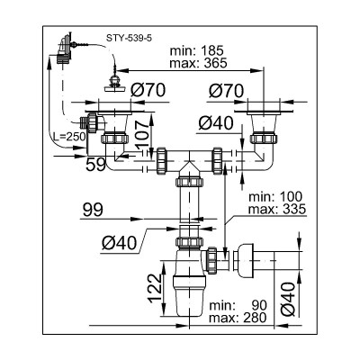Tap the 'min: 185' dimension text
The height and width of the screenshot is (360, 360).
(197, 50)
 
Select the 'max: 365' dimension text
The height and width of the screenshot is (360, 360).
(198, 63)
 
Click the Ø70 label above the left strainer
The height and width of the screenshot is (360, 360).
(148, 90)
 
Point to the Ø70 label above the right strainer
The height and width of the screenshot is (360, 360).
(227, 91)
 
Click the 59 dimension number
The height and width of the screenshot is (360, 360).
(95, 165)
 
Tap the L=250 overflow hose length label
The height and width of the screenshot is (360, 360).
(69, 137)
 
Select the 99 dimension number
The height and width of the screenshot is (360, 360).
(93, 210)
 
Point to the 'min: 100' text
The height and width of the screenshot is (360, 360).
(275, 197)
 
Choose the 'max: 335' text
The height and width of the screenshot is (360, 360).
(277, 209)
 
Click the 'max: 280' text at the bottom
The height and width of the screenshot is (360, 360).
(238, 318)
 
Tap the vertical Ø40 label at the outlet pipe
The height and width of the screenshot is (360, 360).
(289, 299)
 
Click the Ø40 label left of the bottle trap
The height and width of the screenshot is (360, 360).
(119, 243)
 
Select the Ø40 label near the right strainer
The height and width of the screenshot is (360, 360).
(216, 123)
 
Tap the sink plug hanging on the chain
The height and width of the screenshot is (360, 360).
(115, 84)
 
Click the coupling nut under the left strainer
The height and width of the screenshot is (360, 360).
(114, 139)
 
